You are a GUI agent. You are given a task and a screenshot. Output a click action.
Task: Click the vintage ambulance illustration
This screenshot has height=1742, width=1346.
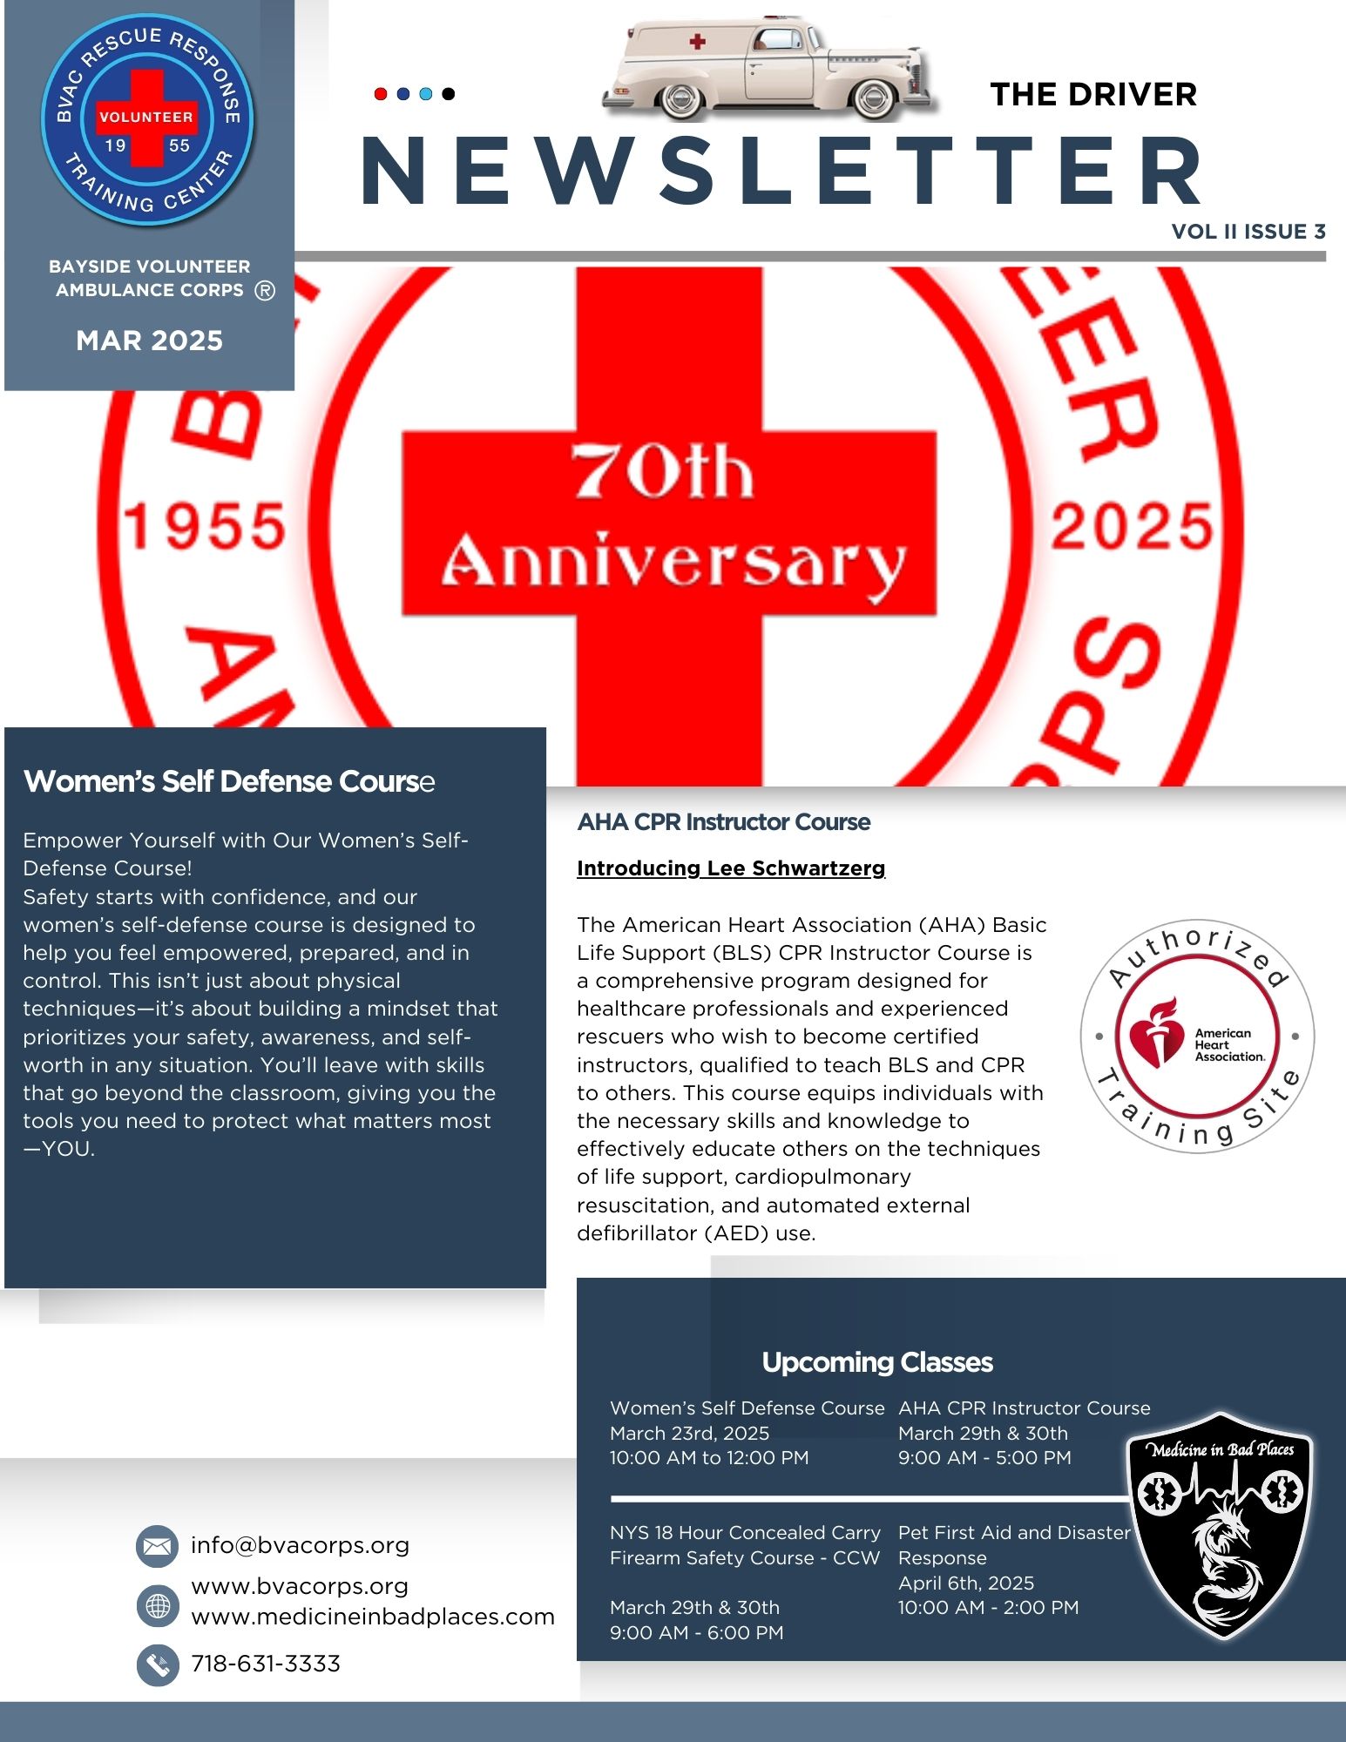[x=770, y=67]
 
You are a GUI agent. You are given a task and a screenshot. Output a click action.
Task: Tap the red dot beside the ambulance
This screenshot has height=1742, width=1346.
[x=381, y=94]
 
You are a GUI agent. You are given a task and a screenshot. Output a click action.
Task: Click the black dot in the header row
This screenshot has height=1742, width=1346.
[x=448, y=94]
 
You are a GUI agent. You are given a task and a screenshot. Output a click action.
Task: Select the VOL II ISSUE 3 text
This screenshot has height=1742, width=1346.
[x=1248, y=232]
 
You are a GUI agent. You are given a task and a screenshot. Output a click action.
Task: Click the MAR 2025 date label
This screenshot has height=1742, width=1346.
[x=149, y=341]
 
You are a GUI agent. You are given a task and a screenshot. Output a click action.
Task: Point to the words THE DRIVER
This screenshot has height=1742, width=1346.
[x=1093, y=94]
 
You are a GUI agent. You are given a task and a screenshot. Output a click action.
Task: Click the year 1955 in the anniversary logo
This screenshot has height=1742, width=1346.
[x=205, y=527]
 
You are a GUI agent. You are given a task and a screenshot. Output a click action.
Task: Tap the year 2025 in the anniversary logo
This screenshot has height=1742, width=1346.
[x=1131, y=527]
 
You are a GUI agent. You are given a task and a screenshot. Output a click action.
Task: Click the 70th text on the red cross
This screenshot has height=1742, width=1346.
[x=662, y=472]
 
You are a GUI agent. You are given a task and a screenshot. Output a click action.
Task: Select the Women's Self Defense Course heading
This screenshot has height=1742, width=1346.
[x=228, y=781]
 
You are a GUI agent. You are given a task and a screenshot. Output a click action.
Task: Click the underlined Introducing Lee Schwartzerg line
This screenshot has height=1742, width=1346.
[x=730, y=868]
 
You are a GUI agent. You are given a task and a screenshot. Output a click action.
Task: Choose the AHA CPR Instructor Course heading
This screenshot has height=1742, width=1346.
[x=723, y=822]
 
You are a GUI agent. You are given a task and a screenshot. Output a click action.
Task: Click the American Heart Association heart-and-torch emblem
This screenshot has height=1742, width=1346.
[x=1156, y=1036]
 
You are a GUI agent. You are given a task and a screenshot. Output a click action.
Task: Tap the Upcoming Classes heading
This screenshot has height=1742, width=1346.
[x=876, y=1362]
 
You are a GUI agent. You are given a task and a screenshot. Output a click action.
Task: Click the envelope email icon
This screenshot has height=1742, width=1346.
[x=158, y=1546]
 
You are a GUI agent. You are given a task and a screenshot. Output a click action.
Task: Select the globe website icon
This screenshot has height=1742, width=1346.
[x=158, y=1605]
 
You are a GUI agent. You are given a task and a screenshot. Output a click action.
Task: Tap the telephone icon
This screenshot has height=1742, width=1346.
[x=158, y=1664]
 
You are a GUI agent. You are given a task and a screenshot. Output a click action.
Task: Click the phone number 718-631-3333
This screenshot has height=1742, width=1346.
[x=266, y=1664]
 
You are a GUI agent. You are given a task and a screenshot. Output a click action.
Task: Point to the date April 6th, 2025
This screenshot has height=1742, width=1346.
[x=965, y=1583]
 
